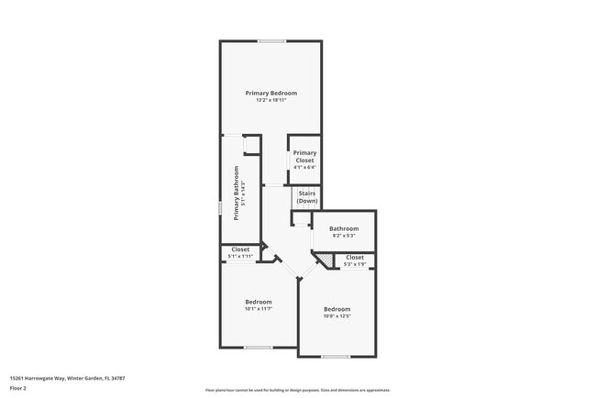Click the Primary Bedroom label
[x=270, y=93]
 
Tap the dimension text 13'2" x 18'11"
[x=270, y=100]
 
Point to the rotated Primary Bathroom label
[x=236, y=193]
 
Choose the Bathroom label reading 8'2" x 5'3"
[x=344, y=228]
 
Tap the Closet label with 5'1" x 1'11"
[x=240, y=249]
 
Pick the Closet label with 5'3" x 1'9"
[x=355, y=258]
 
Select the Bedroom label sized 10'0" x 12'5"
[x=337, y=309]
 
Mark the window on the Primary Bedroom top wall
[x=270, y=41]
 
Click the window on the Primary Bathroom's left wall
[x=220, y=208]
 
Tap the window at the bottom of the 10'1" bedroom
[x=258, y=348]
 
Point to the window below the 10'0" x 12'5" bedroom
[x=336, y=357]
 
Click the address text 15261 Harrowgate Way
[x=67, y=377]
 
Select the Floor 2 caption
[x=18, y=388]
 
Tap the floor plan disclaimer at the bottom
[x=297, y=390]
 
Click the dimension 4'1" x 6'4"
[x=304, y=168]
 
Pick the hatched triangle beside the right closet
[x=325, y=261]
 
